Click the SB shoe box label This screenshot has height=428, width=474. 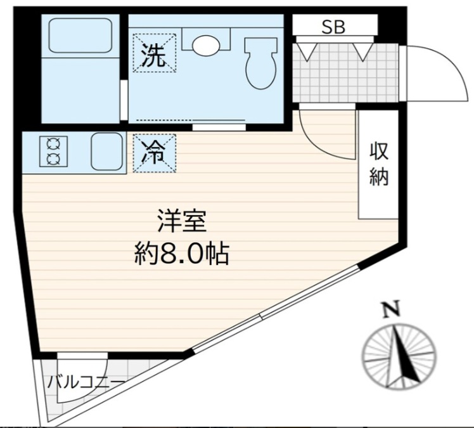[334, 27]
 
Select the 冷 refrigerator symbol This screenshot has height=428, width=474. [153, 153]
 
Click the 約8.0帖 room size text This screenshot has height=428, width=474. [181, 254]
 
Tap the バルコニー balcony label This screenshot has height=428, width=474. [85, 382]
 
